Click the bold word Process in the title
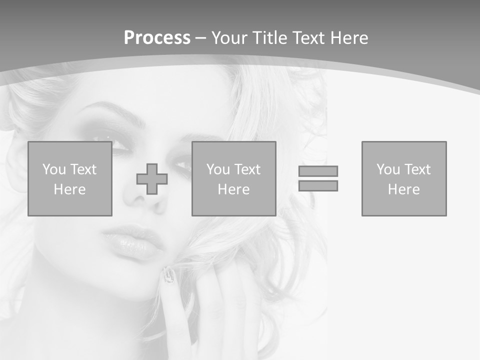(x=157, y=38)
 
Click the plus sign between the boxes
(x=152, y=179)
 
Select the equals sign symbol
(x=318, y=178)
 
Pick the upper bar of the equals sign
(x=318, y=171)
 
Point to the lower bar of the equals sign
(x=318, y=185)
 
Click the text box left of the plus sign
(x=70, y=178)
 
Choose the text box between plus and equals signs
(x=233, y=178)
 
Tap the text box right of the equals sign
(x=404, y=178)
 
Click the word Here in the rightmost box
(x=404, y=189)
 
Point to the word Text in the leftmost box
(x=83, y=169)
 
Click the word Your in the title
(x=229, y=38)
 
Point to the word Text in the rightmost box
(x=417, y=169)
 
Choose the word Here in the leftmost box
(x=70, y=189)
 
